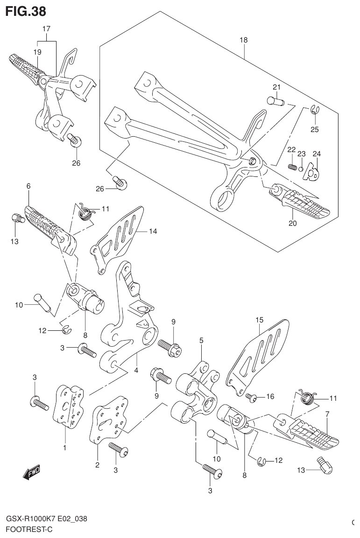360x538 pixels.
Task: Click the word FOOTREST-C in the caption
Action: pos(29,530)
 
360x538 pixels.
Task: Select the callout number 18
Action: pos(243,40)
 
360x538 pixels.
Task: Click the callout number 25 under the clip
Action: pos(315,129)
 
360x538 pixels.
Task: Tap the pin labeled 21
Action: pos(275,100)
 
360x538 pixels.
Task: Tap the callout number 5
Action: pos(201,341)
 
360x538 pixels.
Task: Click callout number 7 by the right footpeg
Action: pos(327,414)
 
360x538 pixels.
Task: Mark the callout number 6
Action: pos(28,186)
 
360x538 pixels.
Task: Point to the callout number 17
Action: pos(47,29)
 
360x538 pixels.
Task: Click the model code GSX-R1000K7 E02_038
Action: pos(46,519)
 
